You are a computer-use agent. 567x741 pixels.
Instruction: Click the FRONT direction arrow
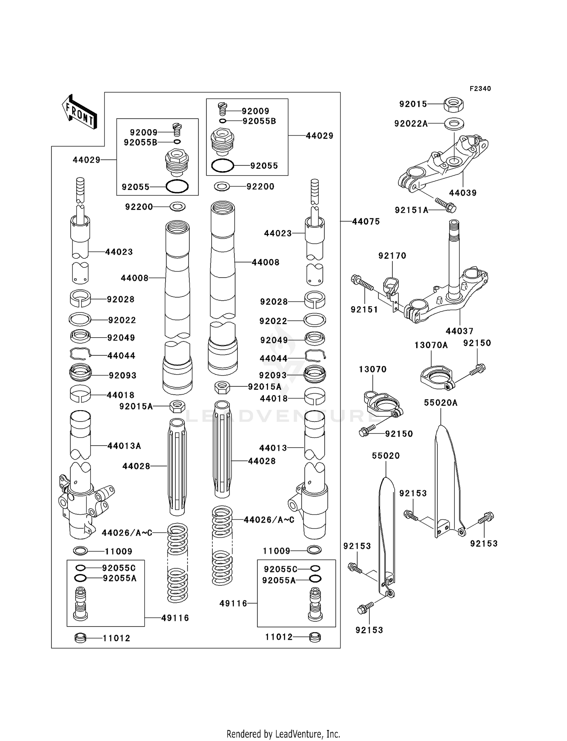[x=79, y=112]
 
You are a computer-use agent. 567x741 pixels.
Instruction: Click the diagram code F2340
[x=480, y=89]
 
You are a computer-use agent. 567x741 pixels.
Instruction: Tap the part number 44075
[x=366, y=222]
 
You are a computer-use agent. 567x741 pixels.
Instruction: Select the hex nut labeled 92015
[x=454, y=104]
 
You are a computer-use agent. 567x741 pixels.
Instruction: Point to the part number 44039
[x=463, y=193]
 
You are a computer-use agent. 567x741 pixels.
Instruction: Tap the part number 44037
[x=459, y=331]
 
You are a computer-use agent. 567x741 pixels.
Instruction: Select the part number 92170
[x=392, y=256]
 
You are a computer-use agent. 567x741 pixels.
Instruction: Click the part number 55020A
[x=440, y=403]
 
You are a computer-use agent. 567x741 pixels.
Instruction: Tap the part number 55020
[x=386, y=456]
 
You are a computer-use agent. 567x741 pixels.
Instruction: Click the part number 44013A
[x=124, y=446]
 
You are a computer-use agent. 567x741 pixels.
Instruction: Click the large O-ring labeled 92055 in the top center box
[x=223, y=166]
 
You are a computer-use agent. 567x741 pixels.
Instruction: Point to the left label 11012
[x=116, y=638]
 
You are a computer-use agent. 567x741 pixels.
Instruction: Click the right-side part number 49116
[x=233, y=604]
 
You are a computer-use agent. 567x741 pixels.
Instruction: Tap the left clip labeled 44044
[x=80, y=354]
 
